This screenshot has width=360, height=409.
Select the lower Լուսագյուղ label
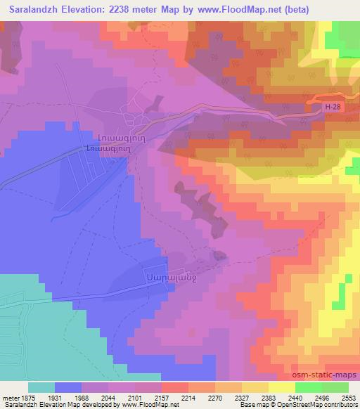tap(106, 148)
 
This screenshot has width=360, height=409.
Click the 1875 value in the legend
tap(25, 397)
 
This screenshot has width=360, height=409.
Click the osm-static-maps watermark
tap(330, 375)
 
